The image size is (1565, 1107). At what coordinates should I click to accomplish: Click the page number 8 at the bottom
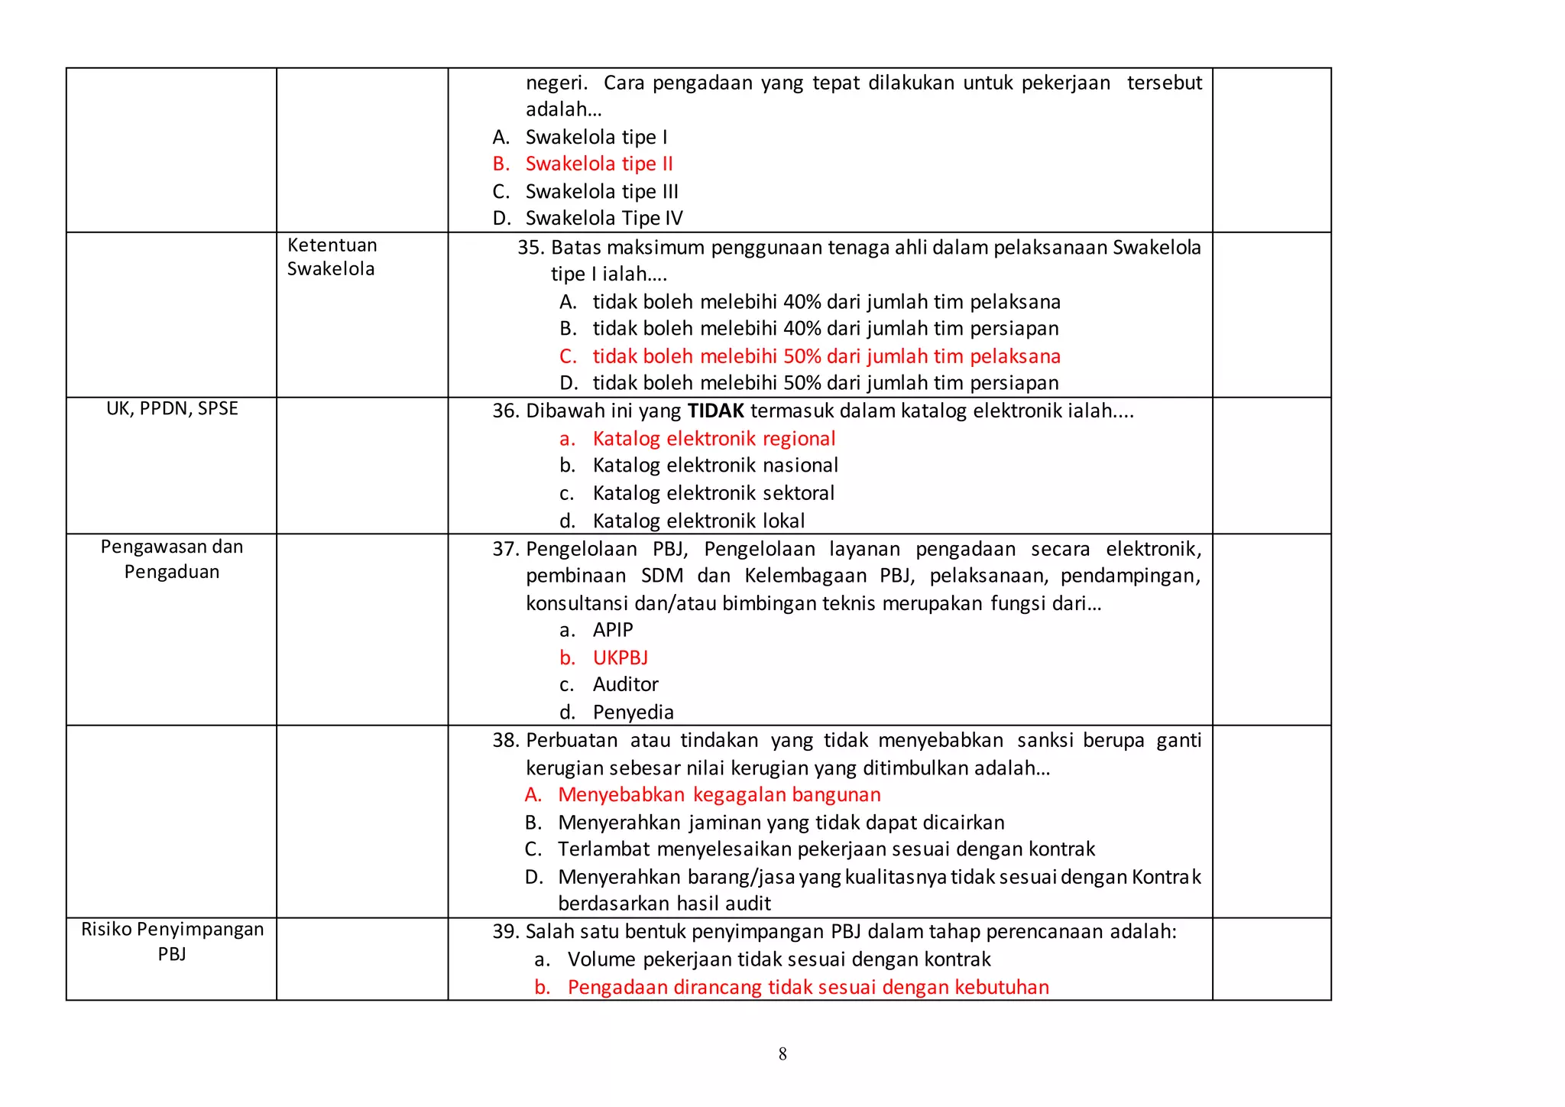782,1054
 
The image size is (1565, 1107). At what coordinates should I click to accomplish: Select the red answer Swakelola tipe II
598,164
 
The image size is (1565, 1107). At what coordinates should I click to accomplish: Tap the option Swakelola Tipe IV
604,218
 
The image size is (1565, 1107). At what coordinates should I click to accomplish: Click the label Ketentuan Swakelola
332,257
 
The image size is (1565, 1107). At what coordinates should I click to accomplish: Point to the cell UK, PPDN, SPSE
172,409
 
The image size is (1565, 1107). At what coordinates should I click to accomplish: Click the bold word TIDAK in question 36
715,411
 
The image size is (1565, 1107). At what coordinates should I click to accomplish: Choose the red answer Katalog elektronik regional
714,439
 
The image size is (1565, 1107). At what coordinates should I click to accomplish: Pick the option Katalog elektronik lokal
698,521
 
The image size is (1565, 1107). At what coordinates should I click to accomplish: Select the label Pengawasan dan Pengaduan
172,559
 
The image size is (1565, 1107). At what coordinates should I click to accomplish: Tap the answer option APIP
613,630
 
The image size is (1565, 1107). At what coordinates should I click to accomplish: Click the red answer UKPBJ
620,657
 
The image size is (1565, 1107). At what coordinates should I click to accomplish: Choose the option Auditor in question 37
625,684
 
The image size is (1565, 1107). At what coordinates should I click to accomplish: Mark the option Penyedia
633,713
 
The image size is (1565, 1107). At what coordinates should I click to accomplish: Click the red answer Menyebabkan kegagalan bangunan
719,795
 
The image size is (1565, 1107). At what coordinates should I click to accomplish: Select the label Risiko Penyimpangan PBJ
172,941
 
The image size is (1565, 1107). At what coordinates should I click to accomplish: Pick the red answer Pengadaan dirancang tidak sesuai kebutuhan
808,987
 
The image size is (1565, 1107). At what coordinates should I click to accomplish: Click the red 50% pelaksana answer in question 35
826,356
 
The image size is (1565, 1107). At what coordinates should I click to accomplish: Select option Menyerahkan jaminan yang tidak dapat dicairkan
781,823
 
